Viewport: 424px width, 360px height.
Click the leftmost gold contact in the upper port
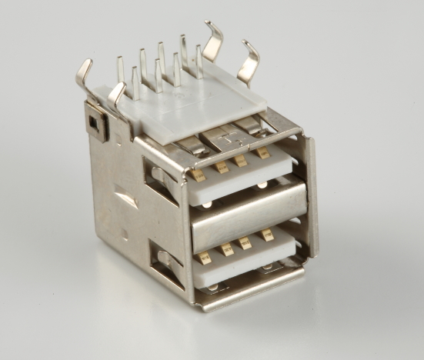pyautogui.click(x=199, y=174)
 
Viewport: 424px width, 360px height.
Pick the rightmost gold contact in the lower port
pyautogui.click(x=269, y=235)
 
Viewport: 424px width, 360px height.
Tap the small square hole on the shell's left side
pyautogui.click(x=94, y=121)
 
